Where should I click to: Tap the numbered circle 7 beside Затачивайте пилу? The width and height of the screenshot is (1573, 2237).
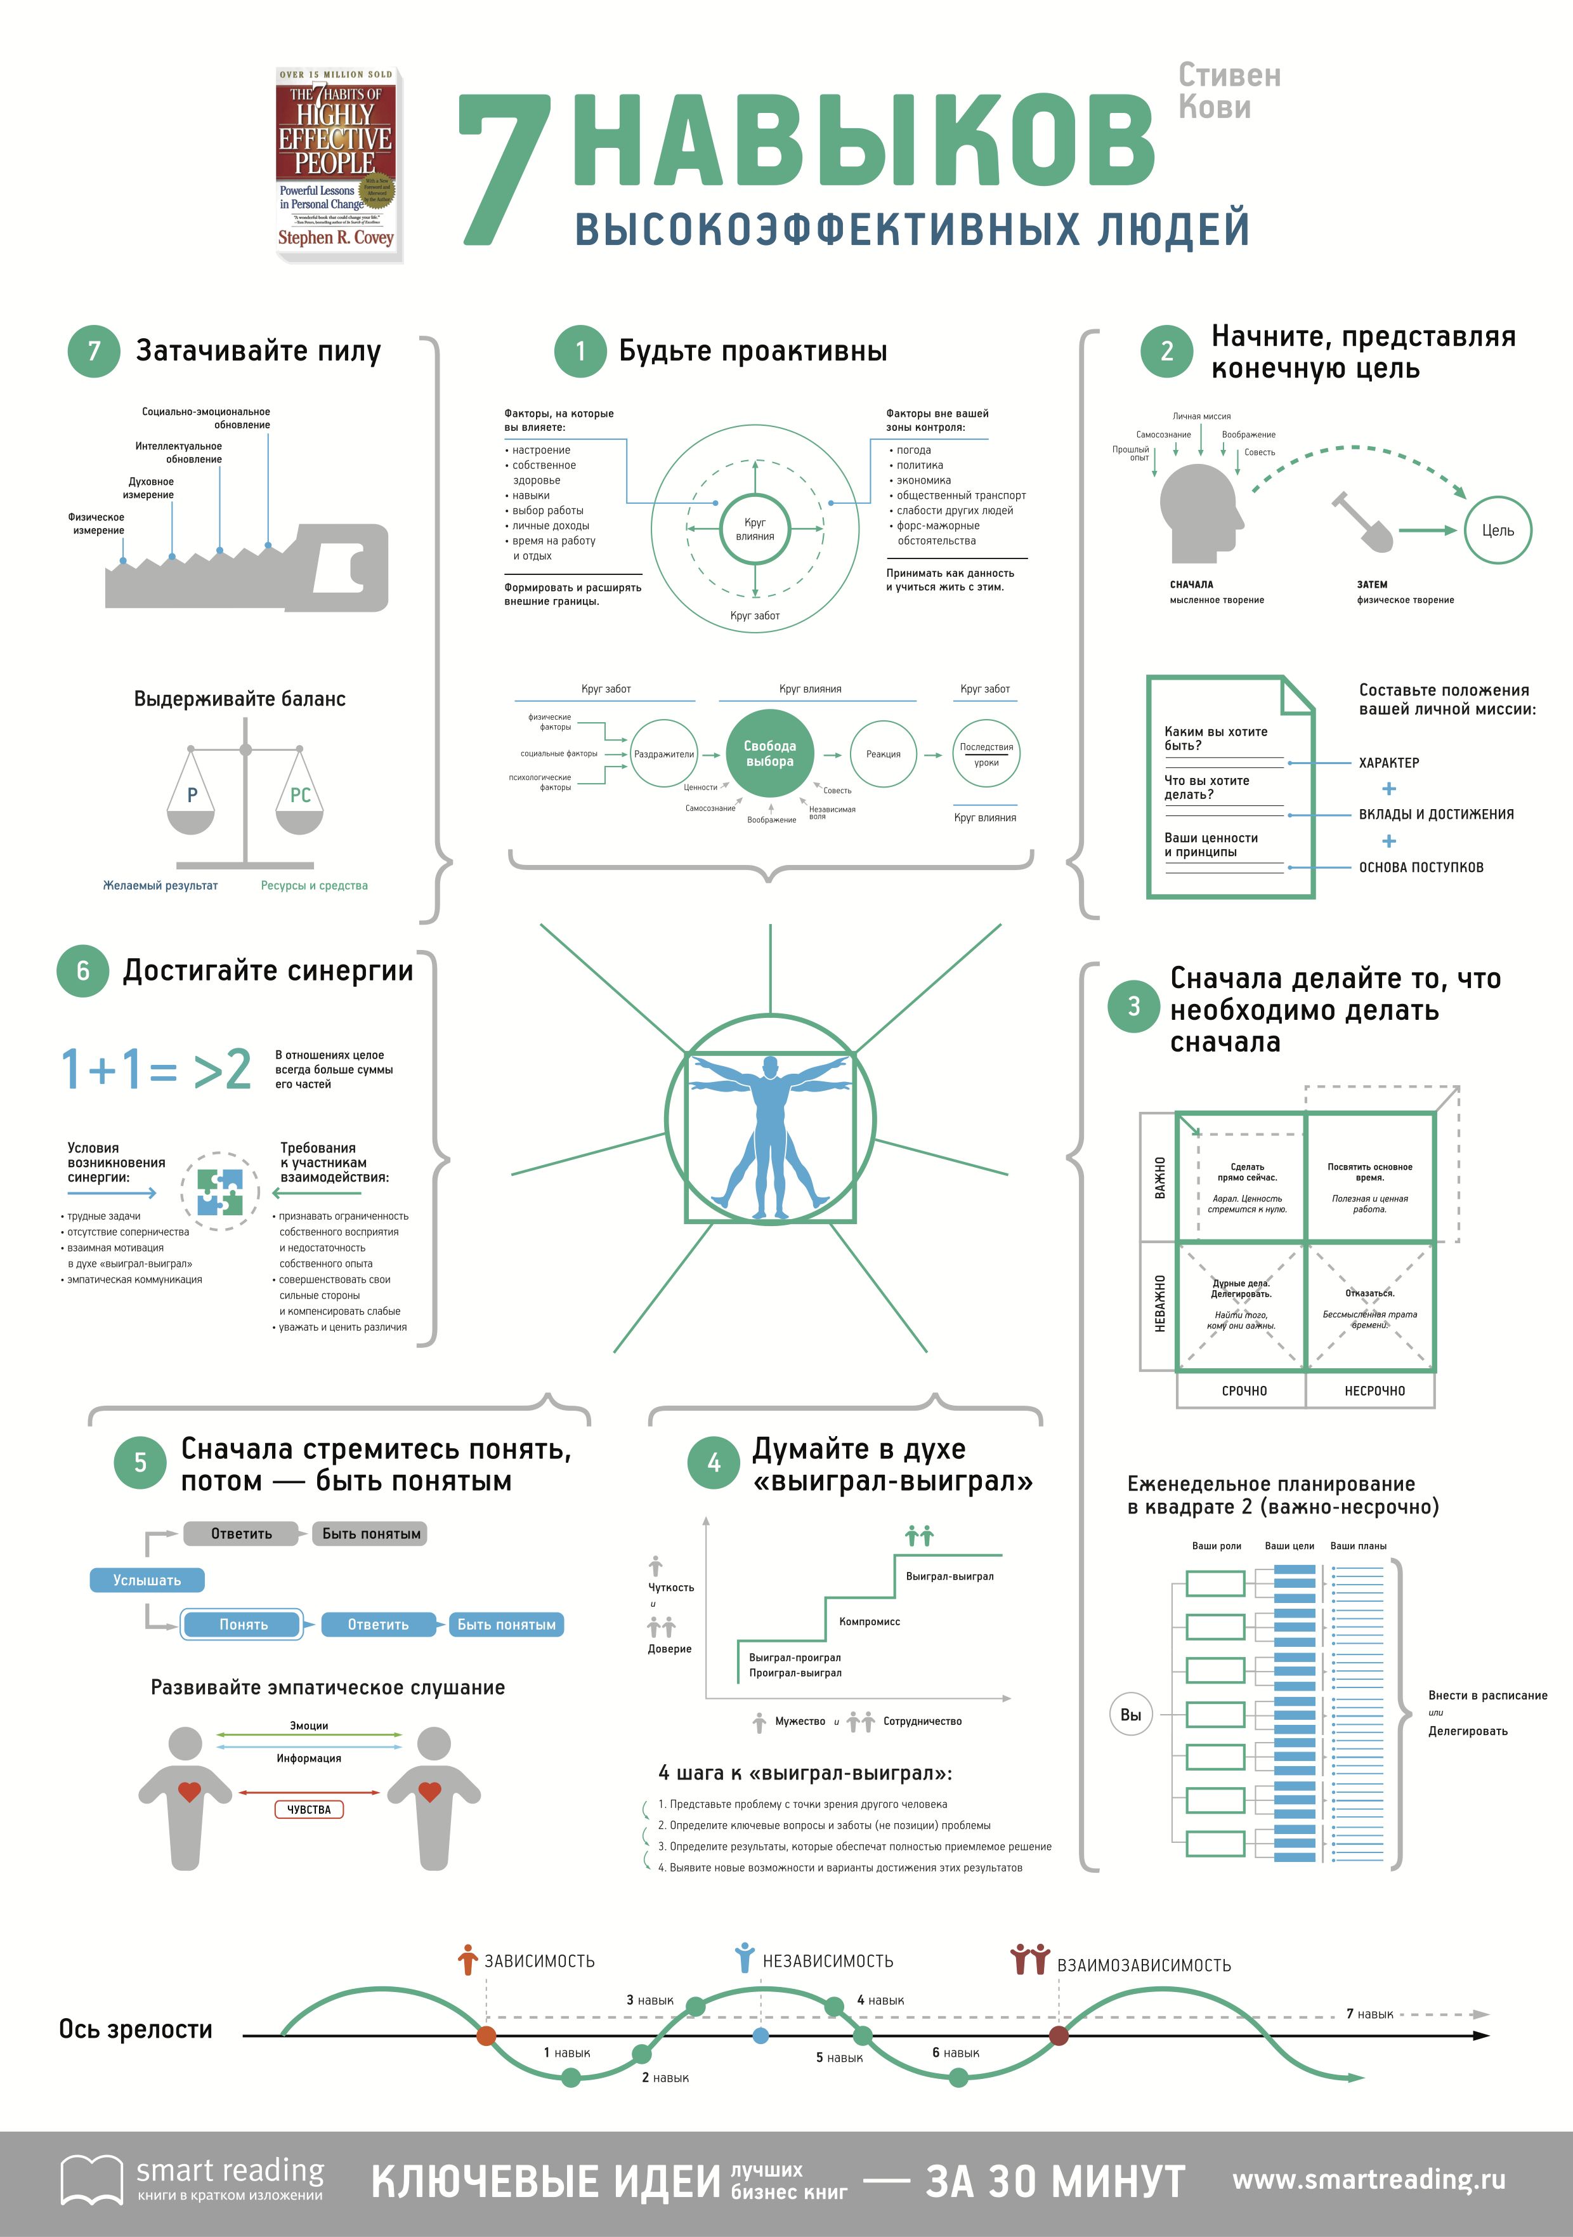93,351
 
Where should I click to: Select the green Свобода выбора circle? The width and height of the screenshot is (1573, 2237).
769,753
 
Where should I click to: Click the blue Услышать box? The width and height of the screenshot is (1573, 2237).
147,1580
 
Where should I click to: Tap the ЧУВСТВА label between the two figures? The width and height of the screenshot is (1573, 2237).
309,1809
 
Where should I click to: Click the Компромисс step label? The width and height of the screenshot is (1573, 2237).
869,1621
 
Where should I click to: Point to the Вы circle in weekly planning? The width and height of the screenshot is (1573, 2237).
1130,1715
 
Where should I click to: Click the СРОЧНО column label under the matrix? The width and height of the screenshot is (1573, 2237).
1244,1390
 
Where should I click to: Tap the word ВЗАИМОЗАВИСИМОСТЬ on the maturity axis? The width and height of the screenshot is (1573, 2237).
1144,1965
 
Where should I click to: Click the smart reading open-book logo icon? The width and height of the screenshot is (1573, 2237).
91,2179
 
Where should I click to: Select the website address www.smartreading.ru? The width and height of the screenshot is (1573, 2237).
1369,2179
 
